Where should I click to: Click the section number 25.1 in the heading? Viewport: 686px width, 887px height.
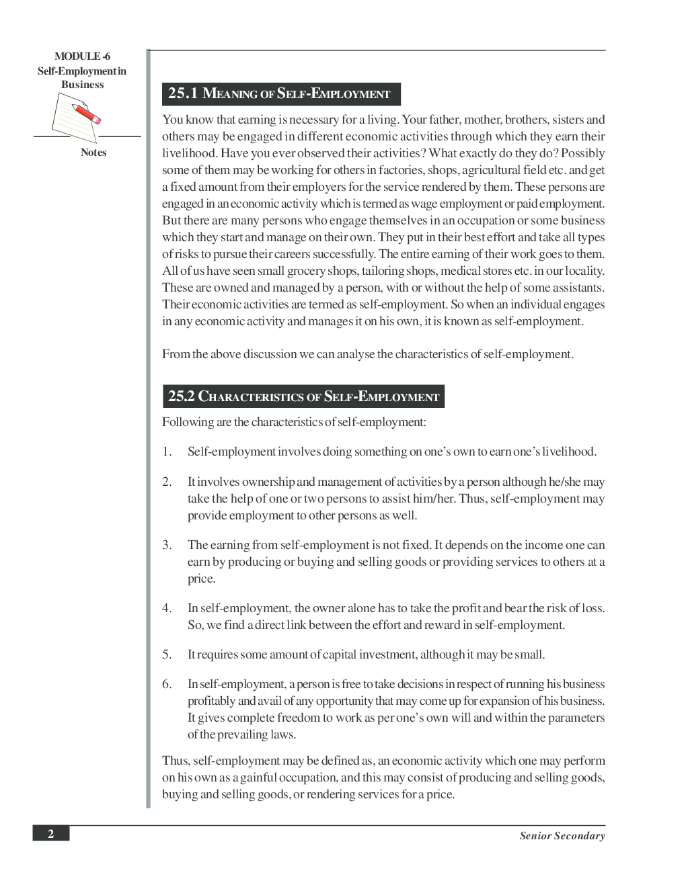(182, 93)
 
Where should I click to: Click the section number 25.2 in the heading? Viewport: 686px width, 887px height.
(181, 396)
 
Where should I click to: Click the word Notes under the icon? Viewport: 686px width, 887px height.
(93, 153)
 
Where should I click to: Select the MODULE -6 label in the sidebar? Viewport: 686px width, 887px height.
(82, 57)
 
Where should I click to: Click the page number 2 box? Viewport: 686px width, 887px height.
(50, 834)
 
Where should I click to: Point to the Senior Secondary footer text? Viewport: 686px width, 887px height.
(562, 836)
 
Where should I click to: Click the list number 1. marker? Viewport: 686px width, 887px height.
(167, 452)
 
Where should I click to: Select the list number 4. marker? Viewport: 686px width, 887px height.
(167, 608)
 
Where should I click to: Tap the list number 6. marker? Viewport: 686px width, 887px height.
(167, 684)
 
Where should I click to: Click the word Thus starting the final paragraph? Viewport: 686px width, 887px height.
(176, 761)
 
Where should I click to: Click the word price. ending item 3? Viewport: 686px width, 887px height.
(201, 579)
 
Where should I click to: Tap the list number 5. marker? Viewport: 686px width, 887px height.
(167, 654)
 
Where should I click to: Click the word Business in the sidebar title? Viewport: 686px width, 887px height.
(82, 85)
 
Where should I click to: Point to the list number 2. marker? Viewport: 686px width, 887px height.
(167, 482)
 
